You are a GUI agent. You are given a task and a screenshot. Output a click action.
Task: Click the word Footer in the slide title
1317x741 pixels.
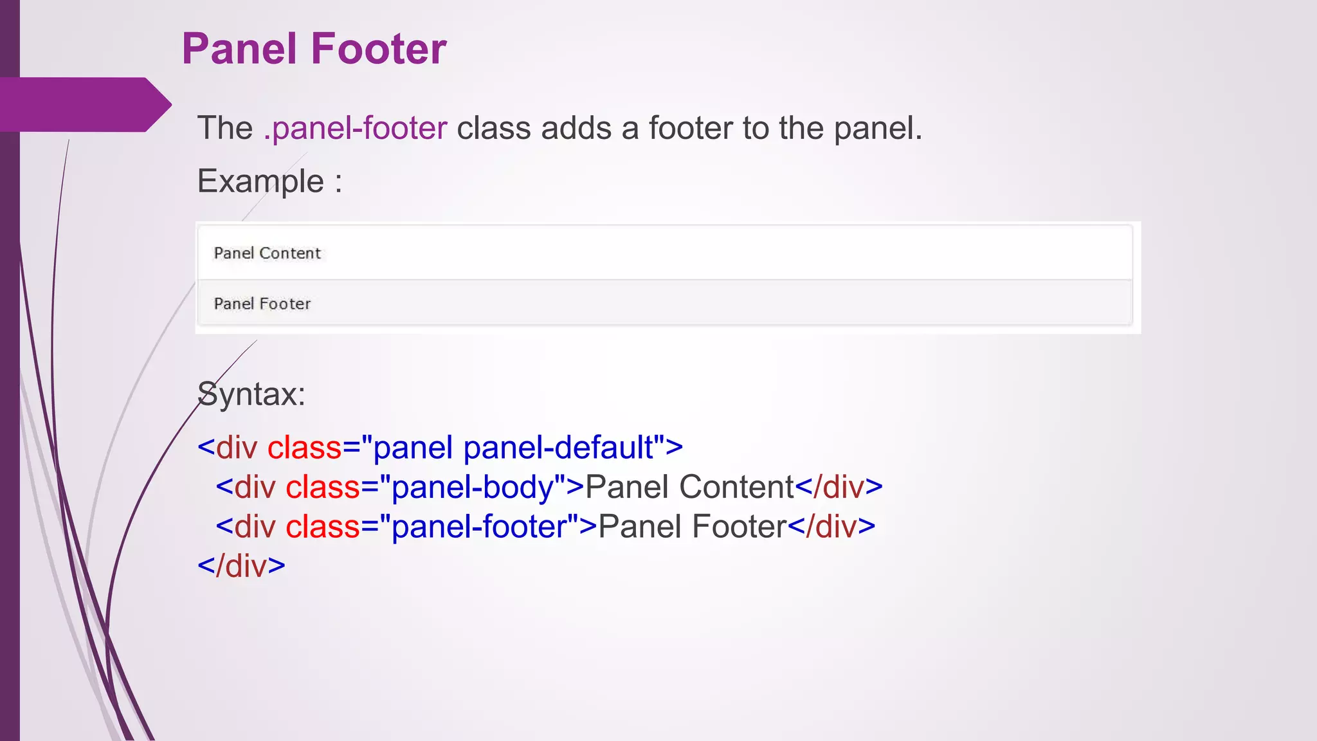point(379,49)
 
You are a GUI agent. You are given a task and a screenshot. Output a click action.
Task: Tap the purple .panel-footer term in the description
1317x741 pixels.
point(355,128)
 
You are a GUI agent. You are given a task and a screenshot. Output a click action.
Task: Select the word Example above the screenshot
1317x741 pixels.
point(260,181)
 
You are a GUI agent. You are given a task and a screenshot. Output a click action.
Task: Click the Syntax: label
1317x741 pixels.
point(251,394)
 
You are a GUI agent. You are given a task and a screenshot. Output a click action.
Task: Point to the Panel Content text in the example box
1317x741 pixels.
point(267,253)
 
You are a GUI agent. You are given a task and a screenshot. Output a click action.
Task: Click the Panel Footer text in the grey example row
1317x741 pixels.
point(262,304)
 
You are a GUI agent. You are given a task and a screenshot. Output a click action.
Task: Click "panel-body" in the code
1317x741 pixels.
point(472,488)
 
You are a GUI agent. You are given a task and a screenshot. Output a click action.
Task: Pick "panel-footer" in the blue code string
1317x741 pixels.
point(480,527)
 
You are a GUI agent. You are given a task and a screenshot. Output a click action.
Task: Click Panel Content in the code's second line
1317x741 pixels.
point(690,488)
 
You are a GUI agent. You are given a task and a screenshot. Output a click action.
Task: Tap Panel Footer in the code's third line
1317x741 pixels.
point(693,527)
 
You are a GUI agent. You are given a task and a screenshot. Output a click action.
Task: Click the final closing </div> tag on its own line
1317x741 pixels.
point(241,567)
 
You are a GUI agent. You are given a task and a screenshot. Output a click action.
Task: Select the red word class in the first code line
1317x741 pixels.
point(304,448)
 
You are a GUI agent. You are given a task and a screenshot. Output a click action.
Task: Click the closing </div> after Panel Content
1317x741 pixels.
point(839,488)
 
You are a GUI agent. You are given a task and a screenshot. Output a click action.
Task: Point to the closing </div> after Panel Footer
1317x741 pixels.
point(831,527)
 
